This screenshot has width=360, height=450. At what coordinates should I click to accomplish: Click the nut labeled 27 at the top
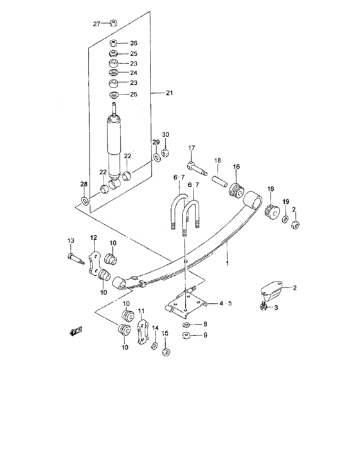point(113,22)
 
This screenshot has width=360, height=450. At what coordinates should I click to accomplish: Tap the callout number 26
point(134,43)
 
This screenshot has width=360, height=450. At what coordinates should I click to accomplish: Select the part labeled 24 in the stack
point(114,73)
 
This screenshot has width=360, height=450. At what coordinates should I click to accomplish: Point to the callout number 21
point(169,93)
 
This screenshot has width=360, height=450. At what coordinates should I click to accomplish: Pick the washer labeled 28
point(85,201)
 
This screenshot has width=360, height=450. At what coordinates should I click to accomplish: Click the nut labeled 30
point(165,152)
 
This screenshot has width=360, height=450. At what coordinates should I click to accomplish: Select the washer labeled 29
point(157,157)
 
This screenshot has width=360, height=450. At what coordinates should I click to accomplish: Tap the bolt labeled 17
point(197,168)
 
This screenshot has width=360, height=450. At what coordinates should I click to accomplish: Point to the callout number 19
point(285,202)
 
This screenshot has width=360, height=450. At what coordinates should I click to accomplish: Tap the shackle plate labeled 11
point(143,332)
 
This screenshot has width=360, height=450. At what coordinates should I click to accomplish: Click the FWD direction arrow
point(76,331)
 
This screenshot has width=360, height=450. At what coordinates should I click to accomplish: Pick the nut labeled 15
point(165,352)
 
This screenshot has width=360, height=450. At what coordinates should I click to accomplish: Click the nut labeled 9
point(186,335)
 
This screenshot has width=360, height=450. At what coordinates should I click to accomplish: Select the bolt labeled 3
point(263,307)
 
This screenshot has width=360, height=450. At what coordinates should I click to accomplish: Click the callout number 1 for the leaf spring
point(228,263)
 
